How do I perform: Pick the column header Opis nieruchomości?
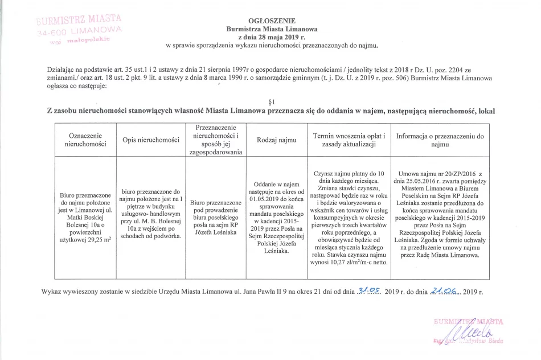[x=150, y=141]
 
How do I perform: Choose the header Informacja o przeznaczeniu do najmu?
[x=440, y=141]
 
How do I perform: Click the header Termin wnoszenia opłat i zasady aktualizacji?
[x=350, y=141]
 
